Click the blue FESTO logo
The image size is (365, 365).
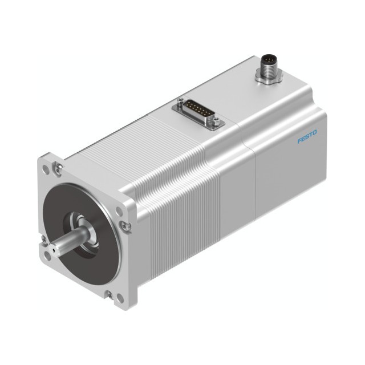[x=307, y=137]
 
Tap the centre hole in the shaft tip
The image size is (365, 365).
[x=54, y=250]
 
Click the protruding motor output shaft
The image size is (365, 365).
[x=70, y=241]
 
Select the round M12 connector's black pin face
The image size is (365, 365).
[x=269, y=60]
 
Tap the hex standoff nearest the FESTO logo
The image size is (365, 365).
[x=216, y=120]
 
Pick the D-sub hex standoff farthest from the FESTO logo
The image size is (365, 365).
[x=180, y=101]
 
